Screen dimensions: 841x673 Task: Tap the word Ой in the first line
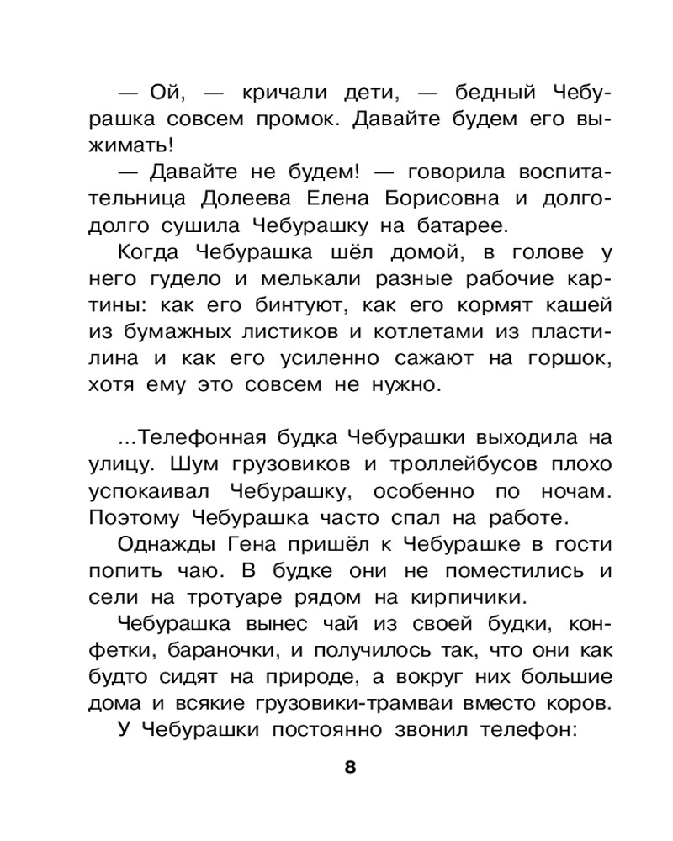point(165,93)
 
